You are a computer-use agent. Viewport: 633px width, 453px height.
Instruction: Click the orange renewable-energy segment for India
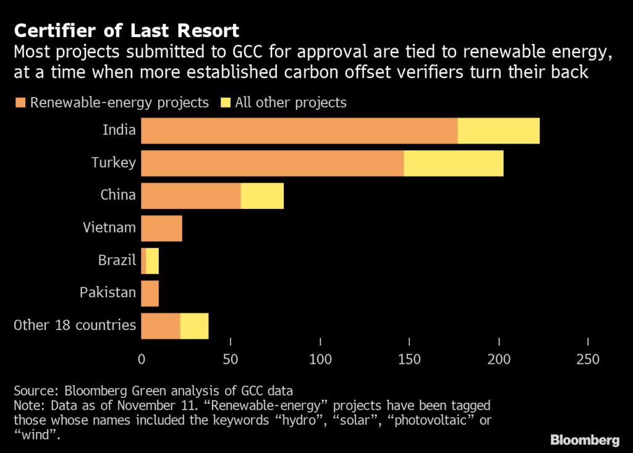tap(299, 131)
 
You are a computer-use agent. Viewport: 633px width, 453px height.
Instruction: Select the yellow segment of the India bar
tap(499, 131)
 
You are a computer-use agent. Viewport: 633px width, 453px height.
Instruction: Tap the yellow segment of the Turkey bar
tap(454, 163)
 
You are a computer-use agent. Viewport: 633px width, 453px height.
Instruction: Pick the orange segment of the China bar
tap(191, 196)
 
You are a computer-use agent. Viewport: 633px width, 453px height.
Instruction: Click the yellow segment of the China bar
tap(262, 196)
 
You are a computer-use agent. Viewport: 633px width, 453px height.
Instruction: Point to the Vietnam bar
tap(161, 228)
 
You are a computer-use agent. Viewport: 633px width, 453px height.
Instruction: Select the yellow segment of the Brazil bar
tap(152, 261)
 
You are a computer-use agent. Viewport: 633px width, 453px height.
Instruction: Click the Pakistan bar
tap(150, 293)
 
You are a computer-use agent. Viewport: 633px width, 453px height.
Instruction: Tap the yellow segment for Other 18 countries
tap(194, 326)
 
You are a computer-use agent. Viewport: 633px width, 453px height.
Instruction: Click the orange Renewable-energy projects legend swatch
tap(22, 103)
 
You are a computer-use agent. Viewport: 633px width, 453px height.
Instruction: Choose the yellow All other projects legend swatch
tap(226, 103)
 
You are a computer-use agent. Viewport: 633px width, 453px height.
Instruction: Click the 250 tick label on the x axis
tap(587, 359)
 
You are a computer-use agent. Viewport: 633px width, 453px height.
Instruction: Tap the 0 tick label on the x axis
tap(142, 359)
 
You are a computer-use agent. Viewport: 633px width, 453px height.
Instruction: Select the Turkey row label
tap(114, 163)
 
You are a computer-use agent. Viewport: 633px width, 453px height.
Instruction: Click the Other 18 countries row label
tap(75, 325)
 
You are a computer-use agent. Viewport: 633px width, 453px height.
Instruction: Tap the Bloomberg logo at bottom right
tap(585, 440)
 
